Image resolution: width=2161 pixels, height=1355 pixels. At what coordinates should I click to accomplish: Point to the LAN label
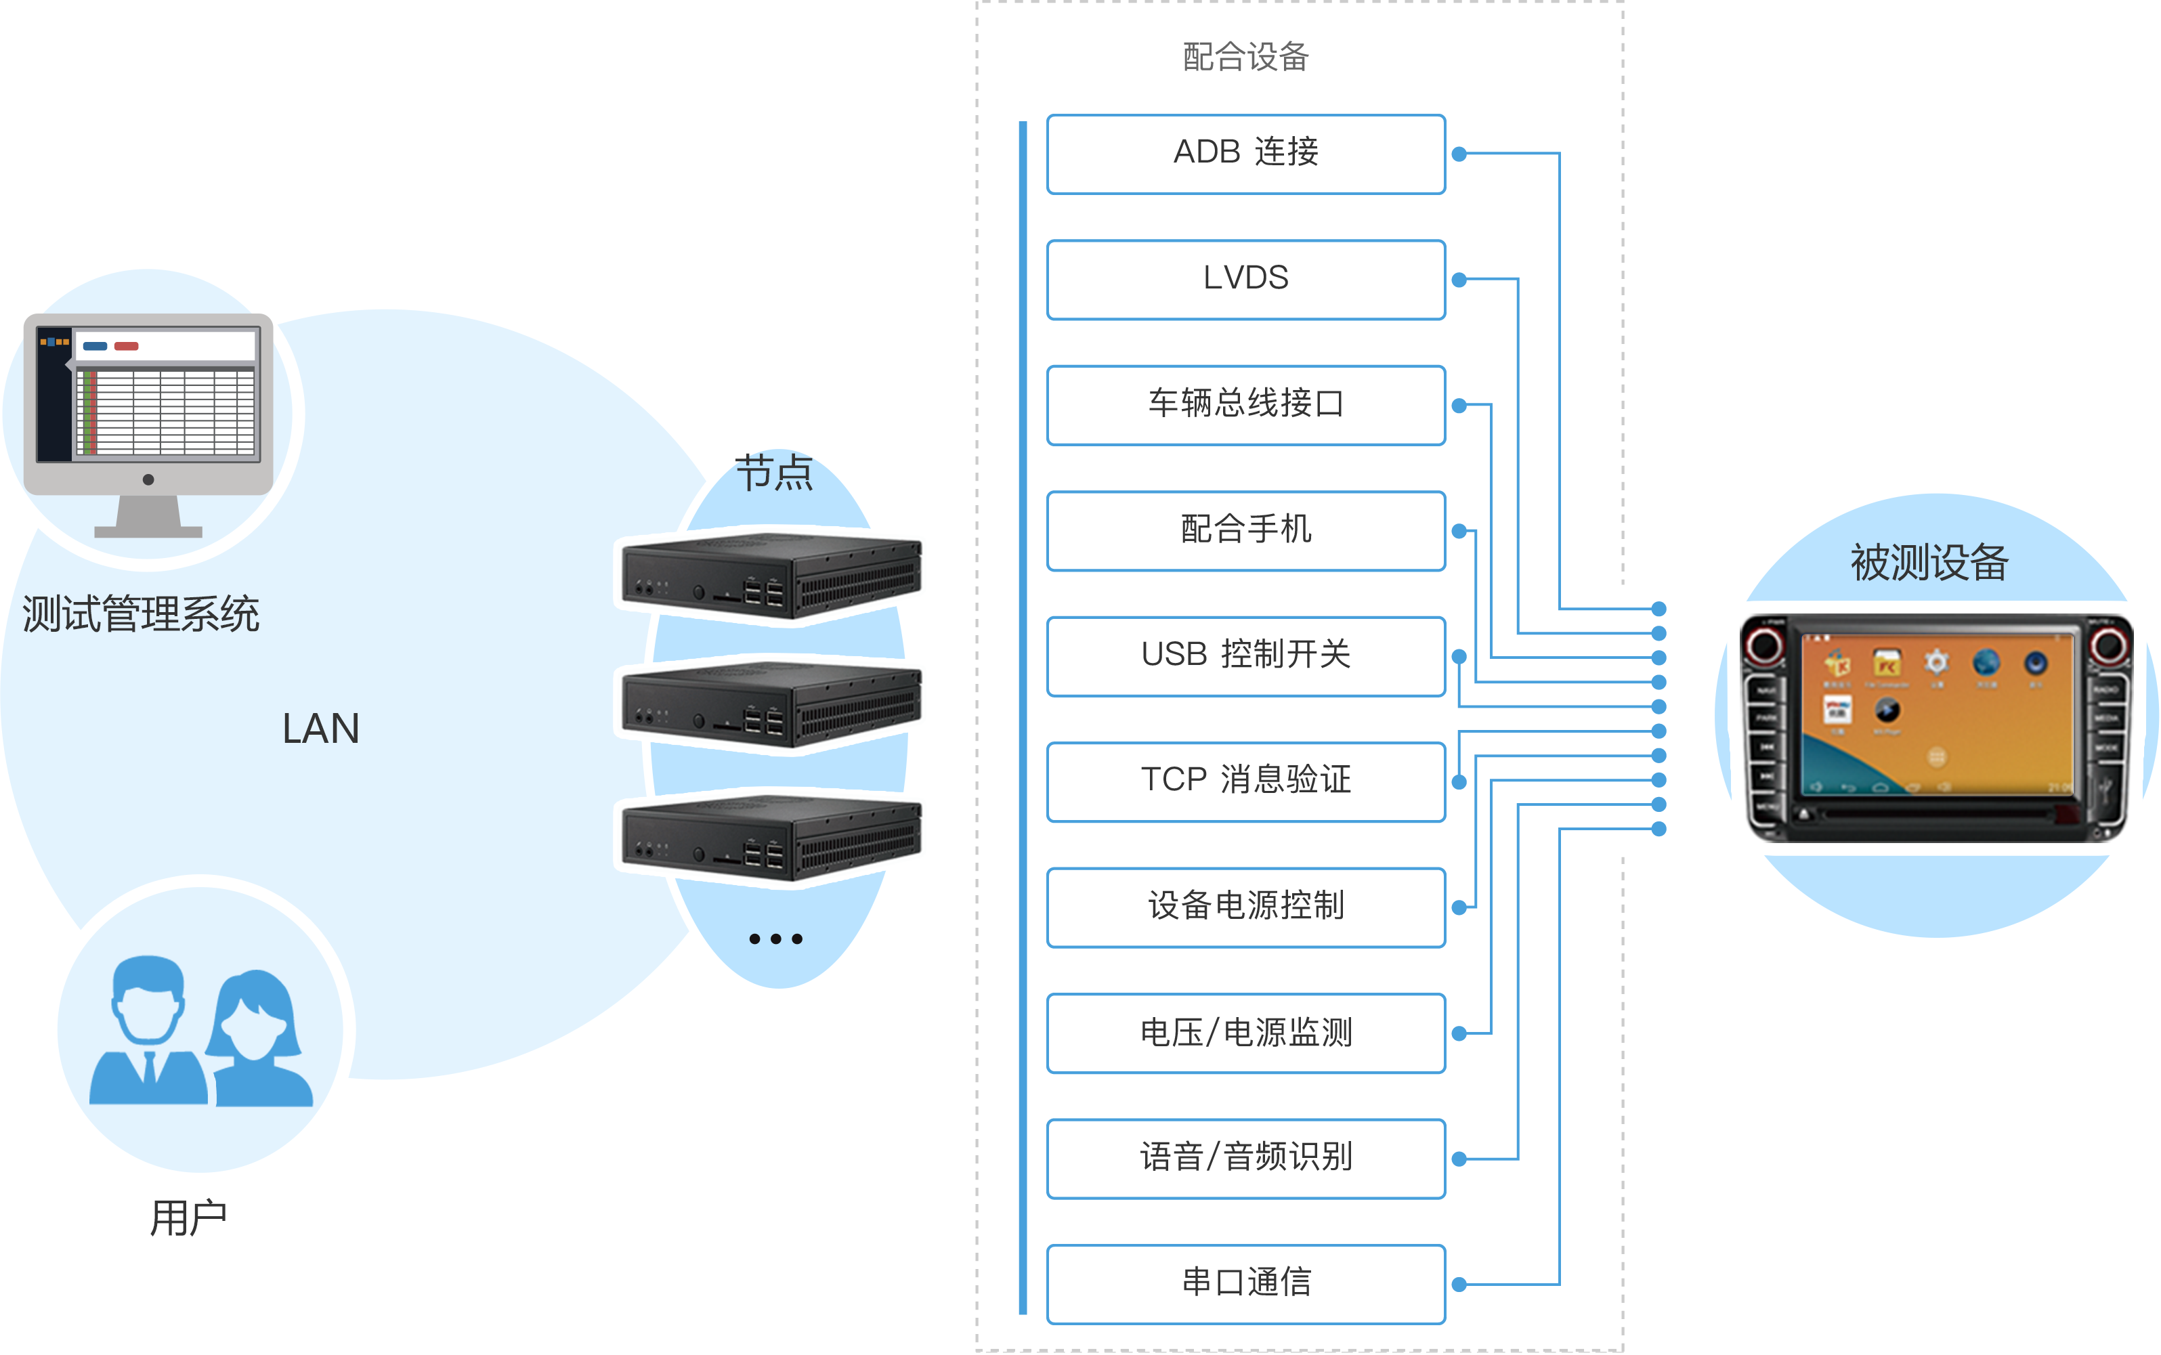pos(320,729)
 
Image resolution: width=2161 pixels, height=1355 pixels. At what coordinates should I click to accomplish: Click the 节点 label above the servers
pos(773,472)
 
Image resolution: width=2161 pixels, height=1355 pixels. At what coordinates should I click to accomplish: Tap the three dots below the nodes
pos(775,939)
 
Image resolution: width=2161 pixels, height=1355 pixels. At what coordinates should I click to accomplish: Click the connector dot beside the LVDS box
pos(1459,280)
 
